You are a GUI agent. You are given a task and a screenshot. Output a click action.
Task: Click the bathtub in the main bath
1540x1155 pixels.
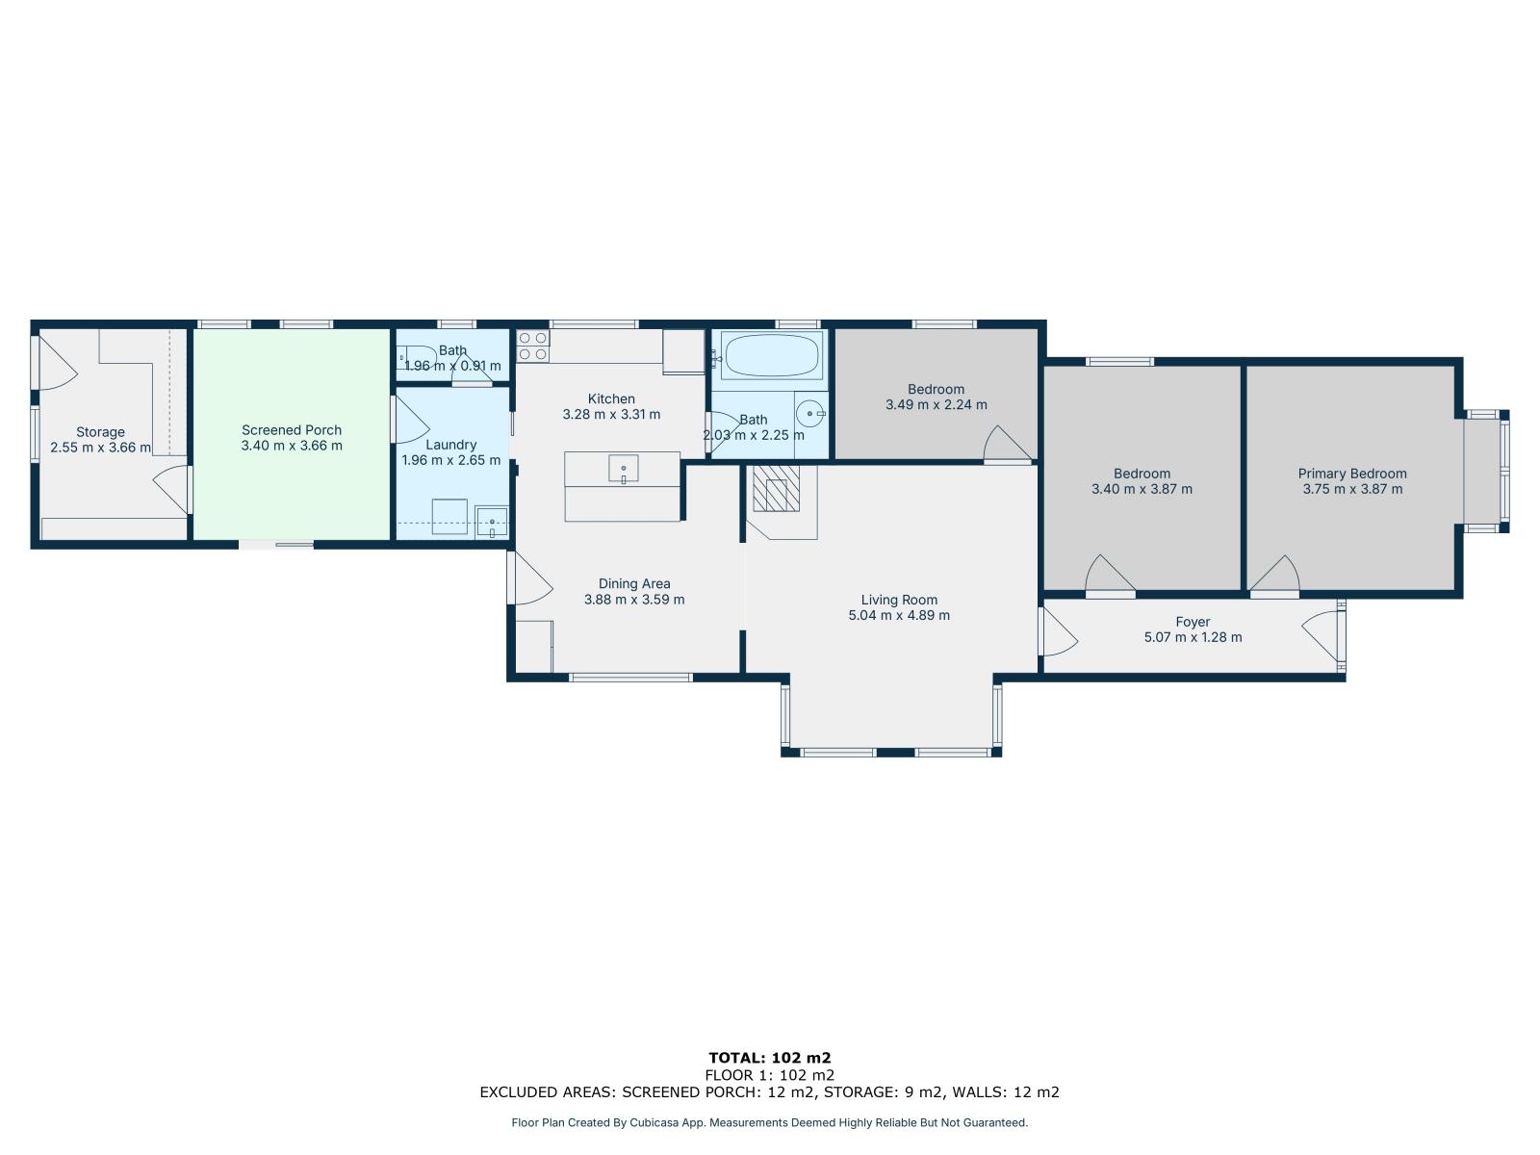coord(771,355)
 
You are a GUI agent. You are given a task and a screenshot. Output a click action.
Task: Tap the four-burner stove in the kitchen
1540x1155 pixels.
coord(532,346)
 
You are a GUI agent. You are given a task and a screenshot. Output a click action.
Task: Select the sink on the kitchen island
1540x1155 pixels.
coord(623,469)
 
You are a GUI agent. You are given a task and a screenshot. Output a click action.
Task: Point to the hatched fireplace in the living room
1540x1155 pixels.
coord(776,488)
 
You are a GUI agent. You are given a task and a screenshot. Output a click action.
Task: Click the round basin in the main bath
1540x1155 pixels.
coord(810,414)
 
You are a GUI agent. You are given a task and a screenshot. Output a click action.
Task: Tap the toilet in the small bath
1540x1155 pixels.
coord(417,358)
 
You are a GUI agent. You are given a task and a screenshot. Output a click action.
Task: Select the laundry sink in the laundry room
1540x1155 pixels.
coord(492,523)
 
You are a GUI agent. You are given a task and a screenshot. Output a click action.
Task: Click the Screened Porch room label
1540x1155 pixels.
coord(292,430)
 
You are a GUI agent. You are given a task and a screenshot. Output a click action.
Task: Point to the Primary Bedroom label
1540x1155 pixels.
coord(1352,474)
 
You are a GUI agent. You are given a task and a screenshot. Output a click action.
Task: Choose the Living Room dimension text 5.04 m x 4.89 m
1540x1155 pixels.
coord(899,615)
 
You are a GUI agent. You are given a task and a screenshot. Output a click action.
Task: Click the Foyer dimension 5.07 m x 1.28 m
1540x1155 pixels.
coord(1193,637)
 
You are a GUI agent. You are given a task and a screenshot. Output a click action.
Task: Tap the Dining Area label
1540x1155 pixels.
coord(634,583)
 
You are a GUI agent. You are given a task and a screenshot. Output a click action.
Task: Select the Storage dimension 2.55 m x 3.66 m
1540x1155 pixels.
coord(100,447)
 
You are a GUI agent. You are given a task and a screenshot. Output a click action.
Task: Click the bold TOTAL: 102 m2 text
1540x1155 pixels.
coord(770,1058)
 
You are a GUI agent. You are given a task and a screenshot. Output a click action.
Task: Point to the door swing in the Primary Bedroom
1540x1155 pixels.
coord(1275,575)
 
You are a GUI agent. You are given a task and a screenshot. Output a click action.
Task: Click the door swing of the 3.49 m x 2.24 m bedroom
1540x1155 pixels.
coord(1008,443)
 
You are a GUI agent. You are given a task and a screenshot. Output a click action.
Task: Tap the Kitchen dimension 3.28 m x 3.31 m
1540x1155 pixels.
coord(611,414)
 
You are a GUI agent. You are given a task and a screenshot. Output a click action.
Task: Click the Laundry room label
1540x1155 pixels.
coord(450,445)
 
